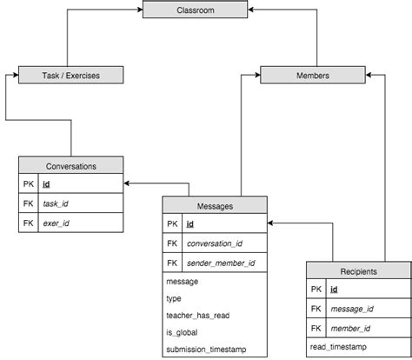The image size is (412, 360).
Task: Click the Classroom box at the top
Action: (196, 10)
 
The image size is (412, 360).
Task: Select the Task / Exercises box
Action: (70, 76)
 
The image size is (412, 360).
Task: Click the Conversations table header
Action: (70, 165)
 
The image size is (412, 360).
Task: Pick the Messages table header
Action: (215, 205)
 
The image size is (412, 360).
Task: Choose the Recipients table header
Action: (357, 271)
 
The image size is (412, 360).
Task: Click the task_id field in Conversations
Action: (56, 203)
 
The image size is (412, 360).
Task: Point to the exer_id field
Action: (56, 223)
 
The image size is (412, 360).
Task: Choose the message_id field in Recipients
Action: (351, 309)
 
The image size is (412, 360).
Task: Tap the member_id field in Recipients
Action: (350, 329)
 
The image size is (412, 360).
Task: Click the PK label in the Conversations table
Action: (28, 184)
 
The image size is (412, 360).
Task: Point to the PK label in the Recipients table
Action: (316, 290)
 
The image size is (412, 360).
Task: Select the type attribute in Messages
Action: (174, 297)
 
